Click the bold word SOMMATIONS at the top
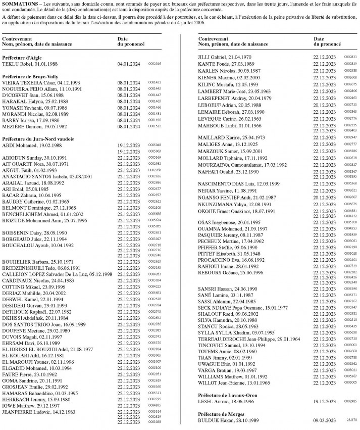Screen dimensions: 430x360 [x=19, y=4]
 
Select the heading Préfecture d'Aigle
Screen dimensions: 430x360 [x=24, y=58]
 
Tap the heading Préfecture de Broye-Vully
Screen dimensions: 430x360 [x=34, y=76]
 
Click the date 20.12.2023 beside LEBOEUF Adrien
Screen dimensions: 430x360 [x=325, y=104]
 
